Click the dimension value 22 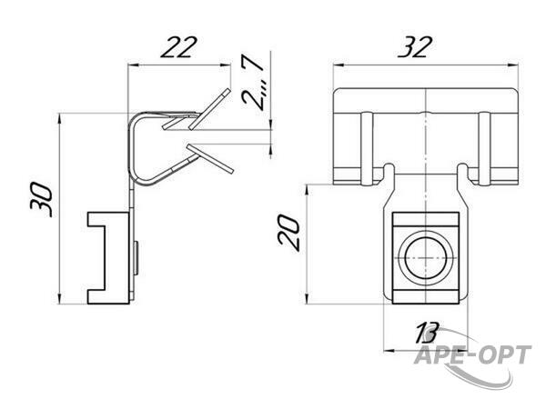point(179,46)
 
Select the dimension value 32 point(416,46)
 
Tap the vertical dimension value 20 point(288,232)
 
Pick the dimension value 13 point(428,332)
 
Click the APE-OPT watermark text point(473,354)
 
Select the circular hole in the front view point(426,258)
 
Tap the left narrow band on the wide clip point(367,148)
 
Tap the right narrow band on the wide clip point(485,148)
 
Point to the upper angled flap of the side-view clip point(210,109)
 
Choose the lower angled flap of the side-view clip point(210,158)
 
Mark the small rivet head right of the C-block point(136,258)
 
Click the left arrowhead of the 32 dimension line point(339,65)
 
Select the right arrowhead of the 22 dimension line point(226,65)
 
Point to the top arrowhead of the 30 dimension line point(60,119)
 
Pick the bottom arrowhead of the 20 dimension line point(308,299)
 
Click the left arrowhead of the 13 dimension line point(389,351)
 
